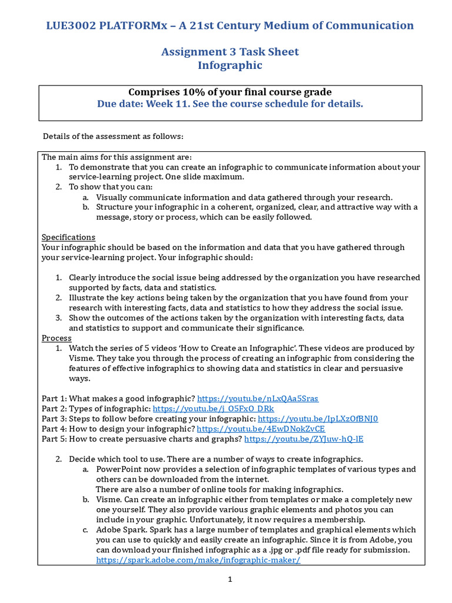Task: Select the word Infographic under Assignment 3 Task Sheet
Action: point(230,65)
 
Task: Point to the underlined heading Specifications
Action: point(68,237)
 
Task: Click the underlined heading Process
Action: point(56,338)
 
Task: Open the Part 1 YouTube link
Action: point(258,399)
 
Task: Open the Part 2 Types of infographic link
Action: point(213,409)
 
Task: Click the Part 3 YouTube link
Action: point(318,419)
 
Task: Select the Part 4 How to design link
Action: point(261,429)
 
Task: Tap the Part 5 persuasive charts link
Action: point(304,439)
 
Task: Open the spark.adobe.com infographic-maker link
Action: point(198,560)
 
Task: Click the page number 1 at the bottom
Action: point(231,579)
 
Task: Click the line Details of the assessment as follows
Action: point(113,137)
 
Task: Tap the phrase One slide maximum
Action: point(207,177)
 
